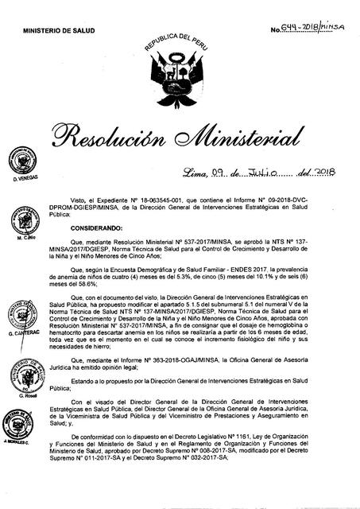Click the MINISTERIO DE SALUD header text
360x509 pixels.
point(58,29)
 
